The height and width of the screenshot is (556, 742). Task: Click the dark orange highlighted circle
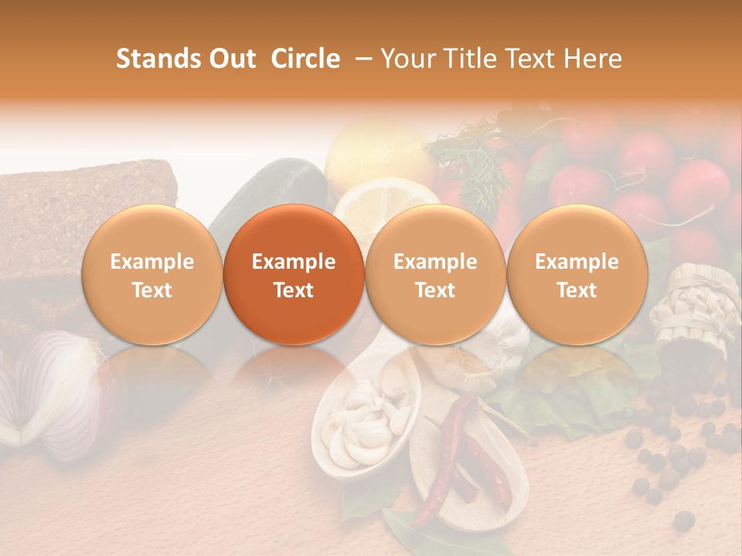(294, 274)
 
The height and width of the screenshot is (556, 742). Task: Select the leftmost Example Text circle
(151, 274)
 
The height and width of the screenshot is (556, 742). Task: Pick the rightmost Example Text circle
(577, 274)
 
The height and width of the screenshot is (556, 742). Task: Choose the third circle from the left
(435, 274)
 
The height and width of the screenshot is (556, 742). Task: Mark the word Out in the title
(232, 59)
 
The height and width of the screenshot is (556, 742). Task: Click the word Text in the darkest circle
(294, 290)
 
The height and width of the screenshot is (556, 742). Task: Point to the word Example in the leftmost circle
(151, 262)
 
